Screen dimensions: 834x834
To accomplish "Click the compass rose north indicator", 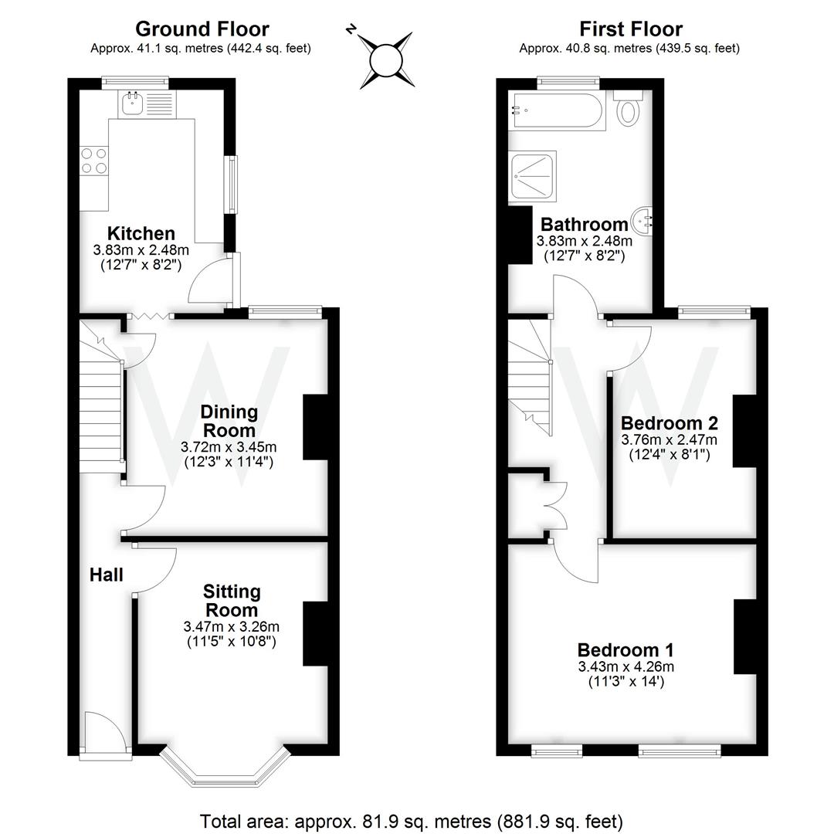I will pyautogui.click(x=352, y=29).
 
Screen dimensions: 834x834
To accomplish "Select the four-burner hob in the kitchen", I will pyautogui.click(x=94, y=161).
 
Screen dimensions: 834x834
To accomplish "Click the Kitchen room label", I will pyautogui.click(x=141, y=233).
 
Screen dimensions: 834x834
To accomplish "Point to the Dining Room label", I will pyautogui.click(x=229, y=421).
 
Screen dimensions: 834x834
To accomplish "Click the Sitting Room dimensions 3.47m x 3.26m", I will pyautogui.click(x=232, y=626).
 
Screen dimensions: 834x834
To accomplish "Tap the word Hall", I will pyautogui.click(x=107, y=575).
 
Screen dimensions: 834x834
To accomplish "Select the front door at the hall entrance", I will pyautogui.click(x=104, y=733).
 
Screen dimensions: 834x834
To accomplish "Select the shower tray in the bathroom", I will pyautogui.click(x=532, y=176).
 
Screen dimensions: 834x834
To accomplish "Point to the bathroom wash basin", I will pyautogui.click(x=642, y=221).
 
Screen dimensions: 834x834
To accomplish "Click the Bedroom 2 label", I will pyautogui.click(x=670, y=423).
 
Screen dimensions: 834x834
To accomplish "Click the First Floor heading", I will pyautogui.click(x=631, y=29).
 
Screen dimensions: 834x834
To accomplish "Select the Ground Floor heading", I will pyautogui.click(x=202, y=29).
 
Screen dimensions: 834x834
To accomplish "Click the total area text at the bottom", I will pyautogui.click(x=412, y=820).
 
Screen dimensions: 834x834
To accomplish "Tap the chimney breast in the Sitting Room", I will pyautogui.click(x=315, y=633).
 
